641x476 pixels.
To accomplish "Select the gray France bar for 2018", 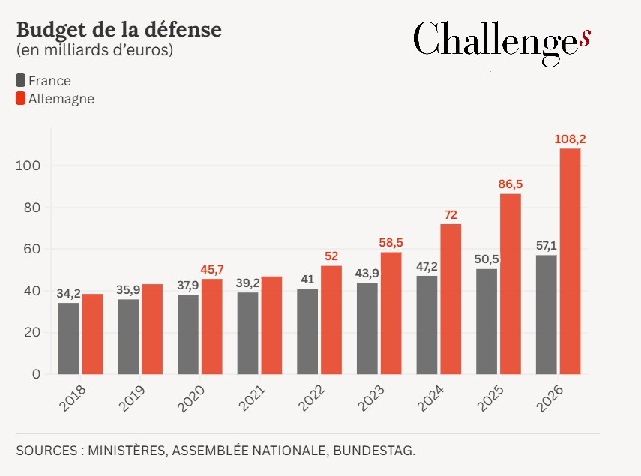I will tap(68, 338).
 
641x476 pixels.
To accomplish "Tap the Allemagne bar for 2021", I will tap(271, 325).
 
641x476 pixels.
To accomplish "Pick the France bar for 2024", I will tap(427, 325).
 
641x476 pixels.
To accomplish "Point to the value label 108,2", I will tap(570, 139).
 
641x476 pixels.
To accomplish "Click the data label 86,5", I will tap(510, 184).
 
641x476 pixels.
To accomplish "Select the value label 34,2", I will tap(68, 292).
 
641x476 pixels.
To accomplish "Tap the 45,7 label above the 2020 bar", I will tap(211, 268).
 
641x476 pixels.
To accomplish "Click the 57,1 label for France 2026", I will tap(546, 245).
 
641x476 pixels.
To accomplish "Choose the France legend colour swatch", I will tap(20, 80).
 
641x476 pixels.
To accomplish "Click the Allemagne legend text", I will tap(61, 98).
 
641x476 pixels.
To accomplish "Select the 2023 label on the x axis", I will tap(373, 400).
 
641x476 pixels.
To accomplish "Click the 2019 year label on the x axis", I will tap(133, 400).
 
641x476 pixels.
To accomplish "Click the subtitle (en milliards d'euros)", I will tap(94, 51).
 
